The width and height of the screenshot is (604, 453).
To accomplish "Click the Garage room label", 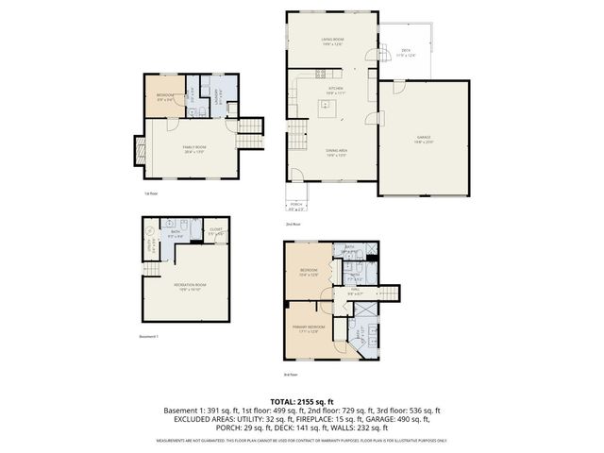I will (x=424, y=139).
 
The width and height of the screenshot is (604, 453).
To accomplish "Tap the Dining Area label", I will (x=335, y=152).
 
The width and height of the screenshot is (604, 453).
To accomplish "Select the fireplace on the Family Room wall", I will (x=141, y=152).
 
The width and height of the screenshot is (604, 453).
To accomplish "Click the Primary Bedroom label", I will (x=313, y=327).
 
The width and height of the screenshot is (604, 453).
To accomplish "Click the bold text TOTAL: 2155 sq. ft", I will (x=301, y=401).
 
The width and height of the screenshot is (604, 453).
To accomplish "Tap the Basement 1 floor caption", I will (x=150, y=337).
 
